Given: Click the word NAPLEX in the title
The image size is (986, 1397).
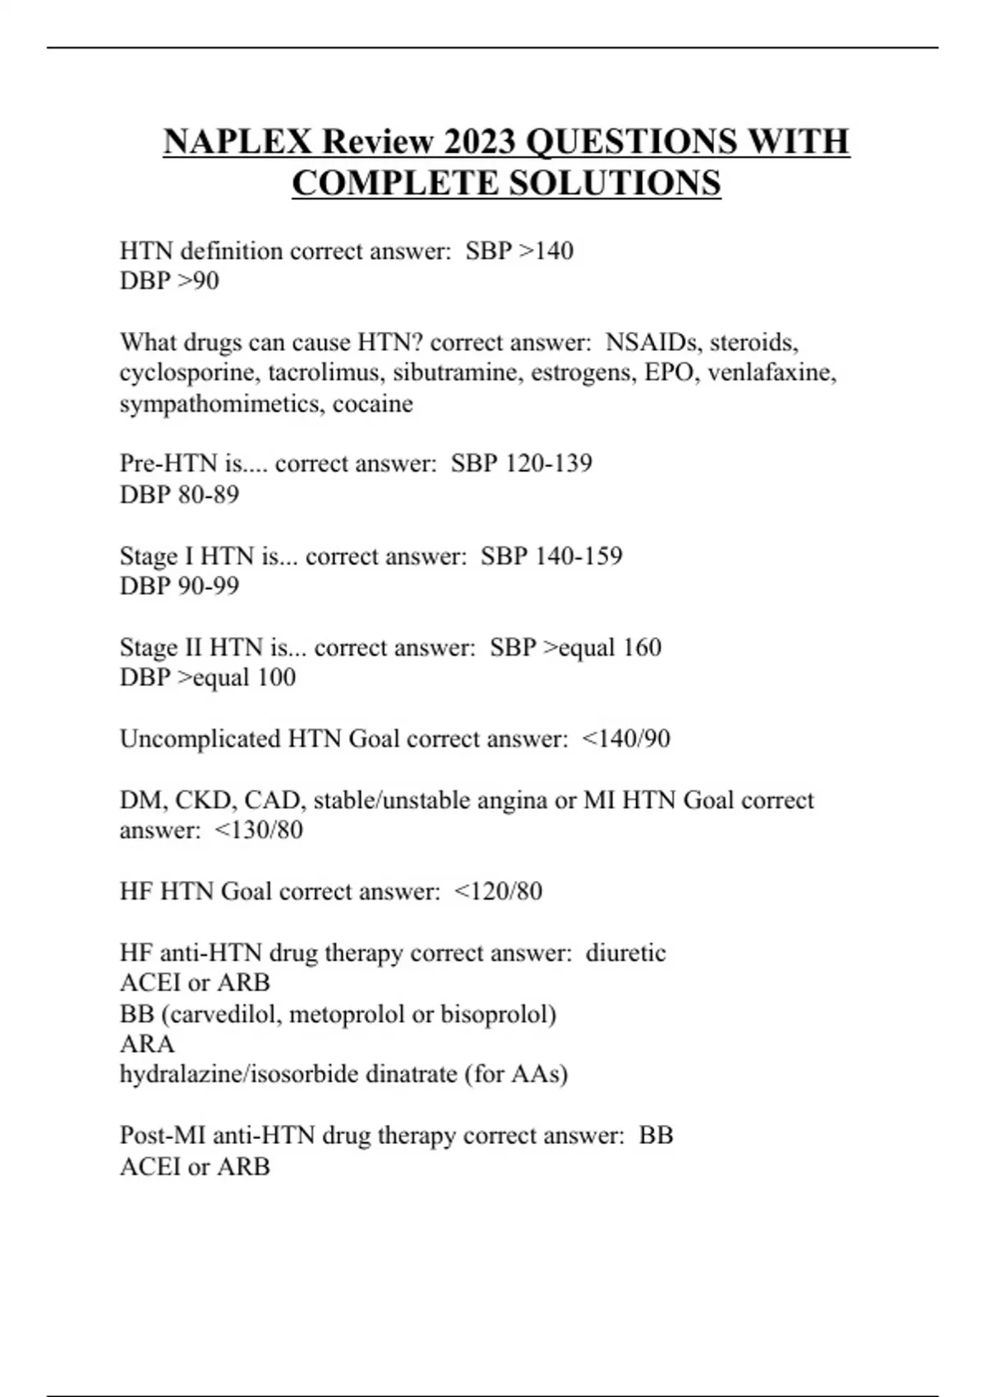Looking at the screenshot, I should [x=237, y=141].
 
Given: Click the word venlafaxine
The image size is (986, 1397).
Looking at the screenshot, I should [x=772, y=373].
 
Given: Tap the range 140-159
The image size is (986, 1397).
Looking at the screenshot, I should [x=578, y=556].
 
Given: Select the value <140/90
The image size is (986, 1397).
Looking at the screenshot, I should [x=626, y=739].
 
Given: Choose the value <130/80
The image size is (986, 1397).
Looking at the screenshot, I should [x=259, y=830].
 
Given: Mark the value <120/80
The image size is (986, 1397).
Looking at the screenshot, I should [x=498, y=892].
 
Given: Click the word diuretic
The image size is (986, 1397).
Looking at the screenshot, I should [x=625, y=953].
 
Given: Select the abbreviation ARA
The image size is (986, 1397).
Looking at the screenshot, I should [x=147, y=1044].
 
